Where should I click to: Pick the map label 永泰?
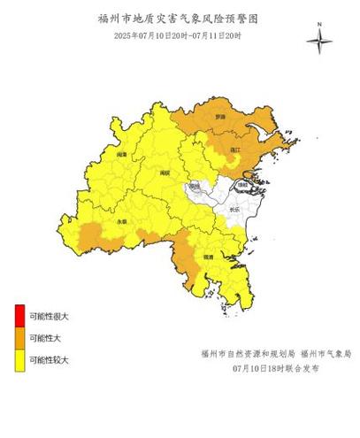[121, 220]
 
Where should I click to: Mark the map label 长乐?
[234, 210]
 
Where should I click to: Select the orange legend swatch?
[19, 337]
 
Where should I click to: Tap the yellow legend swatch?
[19, 359]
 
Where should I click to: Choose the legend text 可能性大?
[46, 338]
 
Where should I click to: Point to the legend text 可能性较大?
[50, 360]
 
